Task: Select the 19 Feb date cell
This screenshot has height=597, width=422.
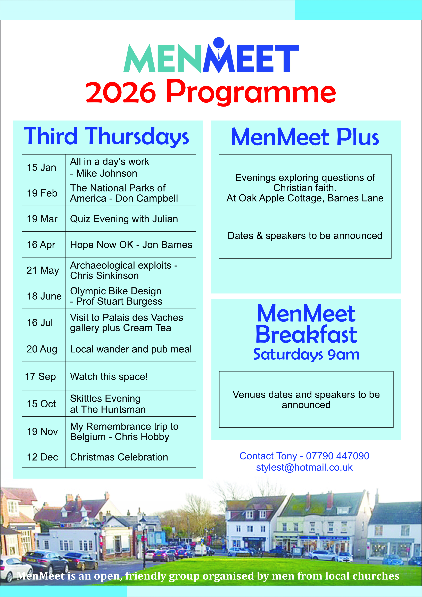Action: coord(42,193)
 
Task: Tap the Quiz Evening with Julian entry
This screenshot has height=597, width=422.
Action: coord(124,219)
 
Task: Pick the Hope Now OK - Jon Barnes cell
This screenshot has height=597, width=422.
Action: coord(131,245)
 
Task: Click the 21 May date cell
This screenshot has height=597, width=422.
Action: coord(43,270)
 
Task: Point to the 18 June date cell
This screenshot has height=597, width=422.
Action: coord(44,296)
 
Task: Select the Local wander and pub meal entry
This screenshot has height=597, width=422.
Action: coord(131,349)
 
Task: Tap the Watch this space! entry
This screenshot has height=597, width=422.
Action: coord(109,376)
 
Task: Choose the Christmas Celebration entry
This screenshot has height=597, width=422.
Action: coord(119,457)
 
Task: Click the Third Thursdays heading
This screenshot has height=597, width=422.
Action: coord(106,136)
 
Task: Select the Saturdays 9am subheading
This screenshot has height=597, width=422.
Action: coord(306,354)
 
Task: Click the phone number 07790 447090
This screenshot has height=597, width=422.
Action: coord(337,456)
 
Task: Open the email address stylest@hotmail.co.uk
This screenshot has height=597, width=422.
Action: coord(304,467)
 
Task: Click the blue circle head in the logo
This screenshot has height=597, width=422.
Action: coord(219,43)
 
